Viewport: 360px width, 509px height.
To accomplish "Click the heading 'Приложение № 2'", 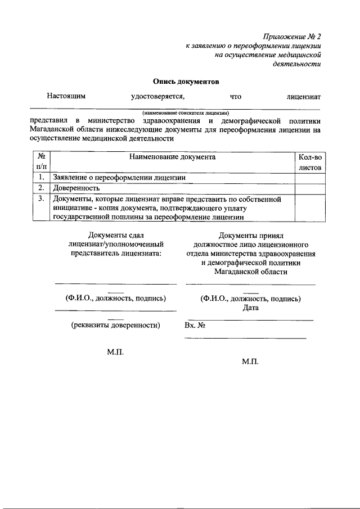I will tap(291, 37).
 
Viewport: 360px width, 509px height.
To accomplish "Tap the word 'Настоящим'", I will tap(66, 96).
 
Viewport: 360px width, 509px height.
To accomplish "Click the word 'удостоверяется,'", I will tap(158, 96).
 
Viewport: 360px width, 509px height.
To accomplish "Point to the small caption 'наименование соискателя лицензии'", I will tap(182, 112).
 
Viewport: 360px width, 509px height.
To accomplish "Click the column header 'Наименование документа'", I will tap(172, 157).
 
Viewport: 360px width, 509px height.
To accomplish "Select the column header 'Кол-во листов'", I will tap(308, 162).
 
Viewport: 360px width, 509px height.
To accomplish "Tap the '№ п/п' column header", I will tap(41, 162).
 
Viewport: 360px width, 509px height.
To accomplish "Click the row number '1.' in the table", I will tap(41, 178).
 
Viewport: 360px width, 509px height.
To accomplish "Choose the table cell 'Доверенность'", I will tap(76, 188).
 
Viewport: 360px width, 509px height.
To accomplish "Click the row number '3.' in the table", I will tap(41, 199).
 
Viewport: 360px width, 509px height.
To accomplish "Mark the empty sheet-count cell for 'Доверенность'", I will tap(308, 188).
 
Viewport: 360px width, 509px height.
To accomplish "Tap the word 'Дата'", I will tap(251, 308).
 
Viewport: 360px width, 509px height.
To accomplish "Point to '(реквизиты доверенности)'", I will tap(115, 325).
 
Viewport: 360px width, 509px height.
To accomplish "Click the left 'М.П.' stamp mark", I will tap(115, 352).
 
